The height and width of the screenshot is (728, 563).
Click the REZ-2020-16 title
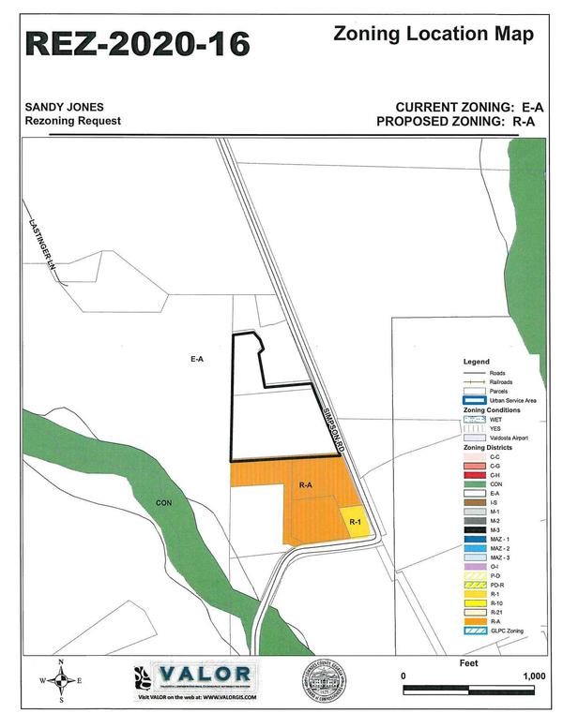point(138,43)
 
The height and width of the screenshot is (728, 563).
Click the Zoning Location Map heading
point(434,35)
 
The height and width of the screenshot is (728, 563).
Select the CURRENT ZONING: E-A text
point(469,107)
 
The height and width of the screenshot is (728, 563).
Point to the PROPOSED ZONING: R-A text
point(460,122)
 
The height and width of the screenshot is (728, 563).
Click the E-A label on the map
point(197,358)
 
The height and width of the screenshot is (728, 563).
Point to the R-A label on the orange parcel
point(305,485)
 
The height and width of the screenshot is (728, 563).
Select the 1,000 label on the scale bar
point(533,676)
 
